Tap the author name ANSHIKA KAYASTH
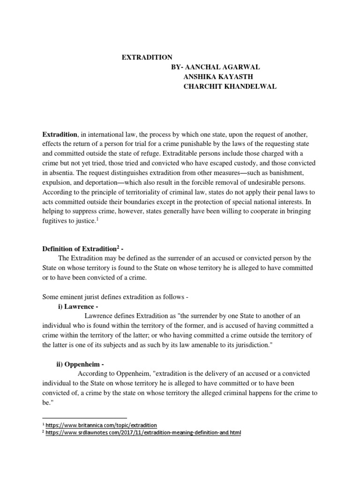tap(215, 77)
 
